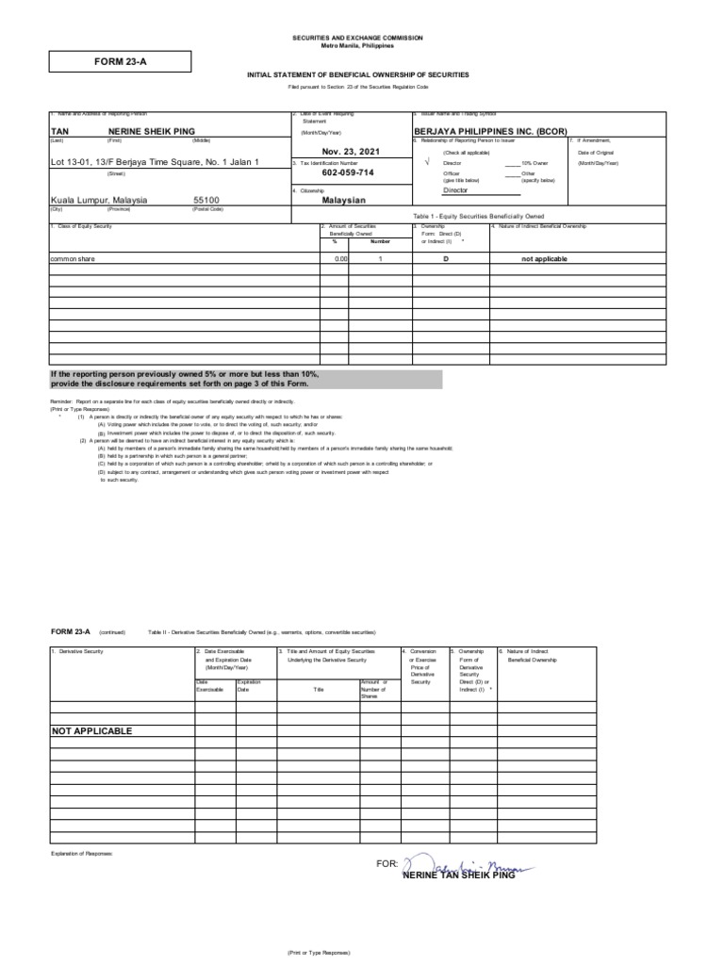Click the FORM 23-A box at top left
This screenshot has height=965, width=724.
(x=120, y=62)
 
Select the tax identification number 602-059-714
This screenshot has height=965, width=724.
(x=348, y=173)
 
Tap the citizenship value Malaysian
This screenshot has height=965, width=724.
(x=343, y=201)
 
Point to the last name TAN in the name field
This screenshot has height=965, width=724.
(x=60, y=131)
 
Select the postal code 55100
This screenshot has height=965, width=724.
(x=206, y=201)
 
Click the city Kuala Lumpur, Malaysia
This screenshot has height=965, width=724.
(x=104, y=201)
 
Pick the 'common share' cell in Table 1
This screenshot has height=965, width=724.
(x=73, y=258)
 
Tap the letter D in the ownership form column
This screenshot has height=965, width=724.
(x=446, y=258)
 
